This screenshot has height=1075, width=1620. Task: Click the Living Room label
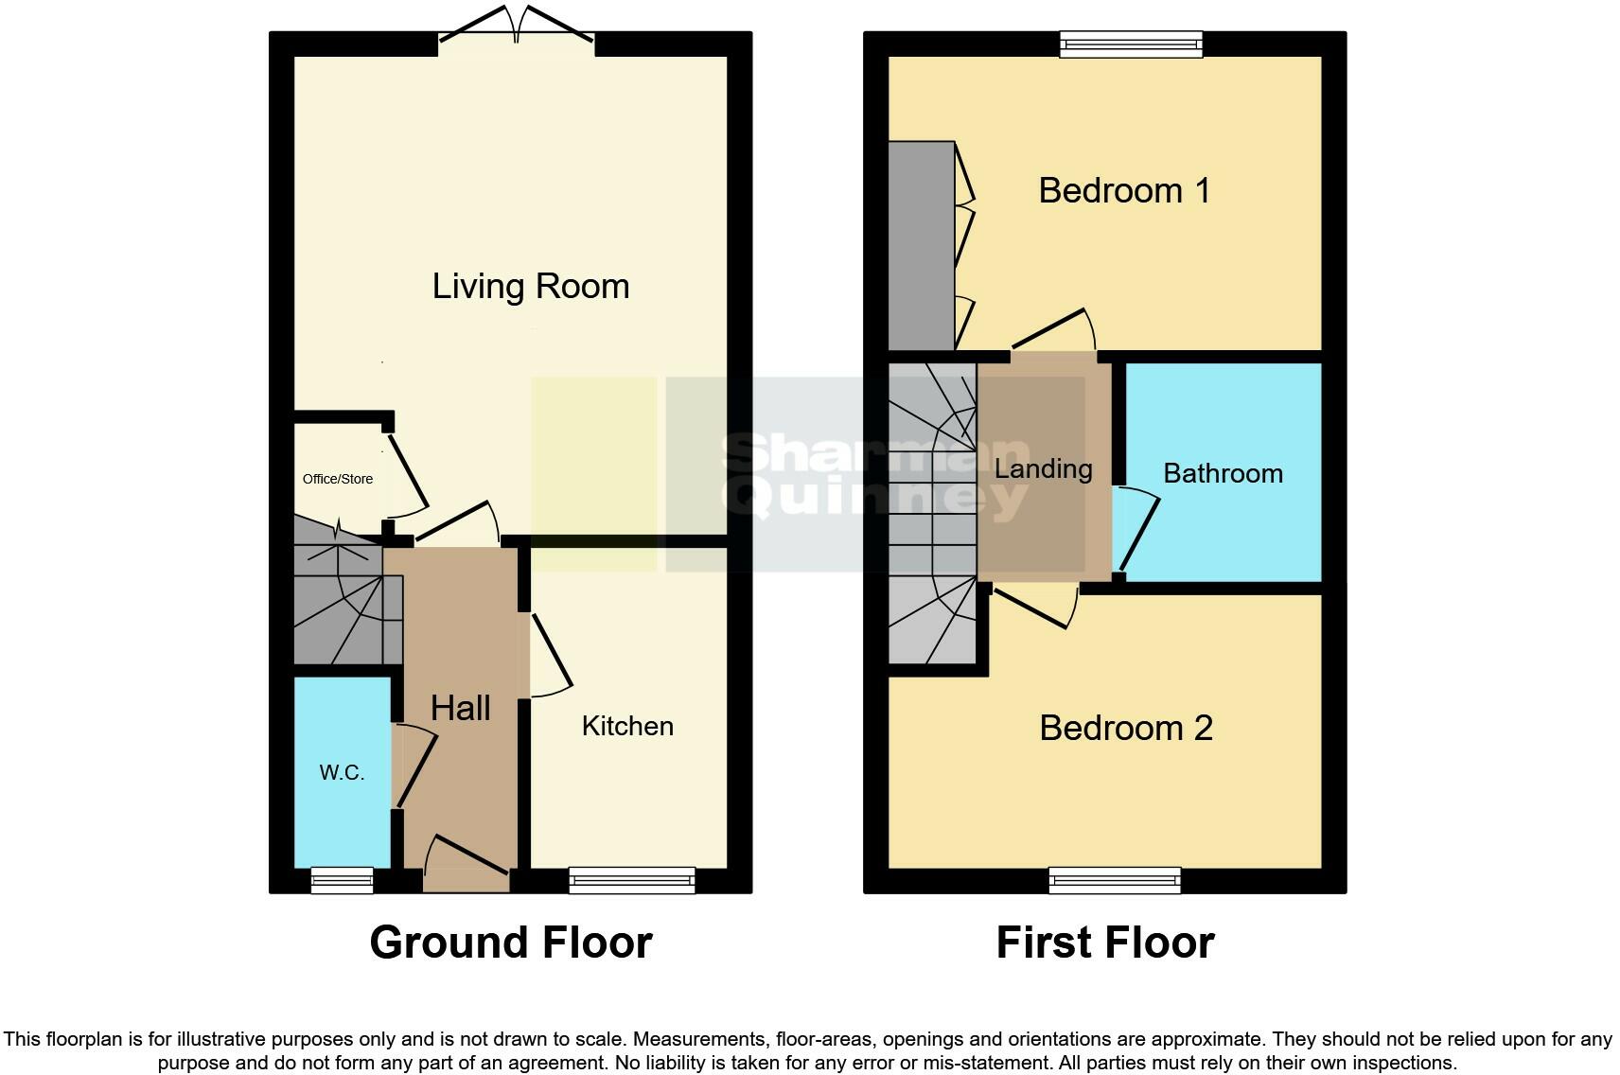click(530, 286)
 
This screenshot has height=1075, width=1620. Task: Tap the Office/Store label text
click(338, 479)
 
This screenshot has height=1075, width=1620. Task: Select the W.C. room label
click(342, 772)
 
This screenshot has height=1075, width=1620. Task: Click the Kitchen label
click(627, 726)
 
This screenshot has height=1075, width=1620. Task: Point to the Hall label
click(460, 708)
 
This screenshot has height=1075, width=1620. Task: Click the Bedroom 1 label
click(1123, 190)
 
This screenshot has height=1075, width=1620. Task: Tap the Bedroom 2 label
click(1125, 728)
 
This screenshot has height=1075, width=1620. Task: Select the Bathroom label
click(1223, 473)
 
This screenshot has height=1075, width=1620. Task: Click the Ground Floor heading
click(510, 943)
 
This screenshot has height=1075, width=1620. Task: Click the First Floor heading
click(1104, 943)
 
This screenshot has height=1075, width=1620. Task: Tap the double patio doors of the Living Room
click(517, 28)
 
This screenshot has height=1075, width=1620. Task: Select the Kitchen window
click(631, 880)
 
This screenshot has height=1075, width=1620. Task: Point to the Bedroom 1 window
click(1131, 44)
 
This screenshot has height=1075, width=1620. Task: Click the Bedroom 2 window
click(1115, 880)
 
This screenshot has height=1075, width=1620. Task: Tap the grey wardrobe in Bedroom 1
click(921, 246)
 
